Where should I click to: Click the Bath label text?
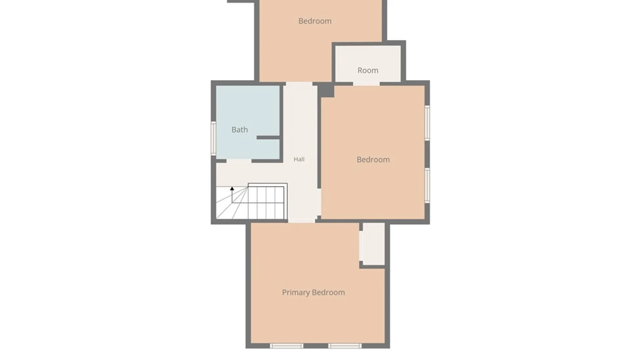click(239, 130)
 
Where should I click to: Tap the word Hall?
click(299, 159)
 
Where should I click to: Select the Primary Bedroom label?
click(313, 292)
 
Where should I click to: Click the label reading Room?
click(368, 70)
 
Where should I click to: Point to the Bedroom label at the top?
click(315, 21)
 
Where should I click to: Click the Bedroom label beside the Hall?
click(373, 160)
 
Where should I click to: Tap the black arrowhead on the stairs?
click(232, 189)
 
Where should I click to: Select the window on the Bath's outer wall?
click(213, 138)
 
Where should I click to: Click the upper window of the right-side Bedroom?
click(427, 122)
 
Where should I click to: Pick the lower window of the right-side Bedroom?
click(427, 185)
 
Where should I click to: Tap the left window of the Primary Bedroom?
click(287, 346)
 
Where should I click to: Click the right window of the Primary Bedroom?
click(345, 346)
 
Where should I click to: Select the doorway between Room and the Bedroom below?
click(366, 83)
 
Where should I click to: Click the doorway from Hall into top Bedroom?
click(299, 83)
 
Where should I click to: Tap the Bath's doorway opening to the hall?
click(239, 161)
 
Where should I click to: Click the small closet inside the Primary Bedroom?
click(373, 244)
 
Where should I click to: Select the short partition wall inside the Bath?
click(268, 137)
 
